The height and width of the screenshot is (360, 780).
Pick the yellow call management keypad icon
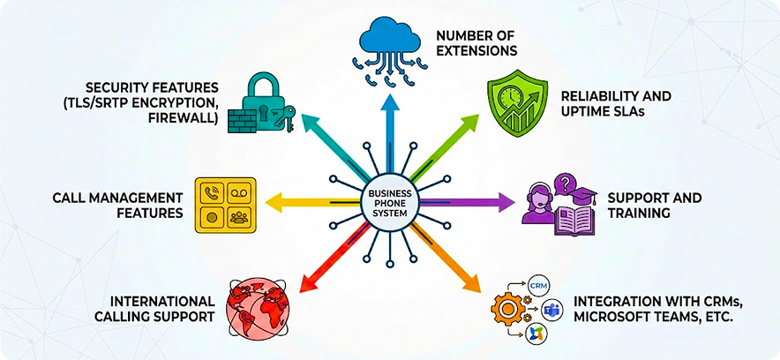click(x=223, y=204)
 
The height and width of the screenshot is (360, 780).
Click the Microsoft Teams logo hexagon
click(x=551, y=310)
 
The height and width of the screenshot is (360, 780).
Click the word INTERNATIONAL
click(x=162, y=301)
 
